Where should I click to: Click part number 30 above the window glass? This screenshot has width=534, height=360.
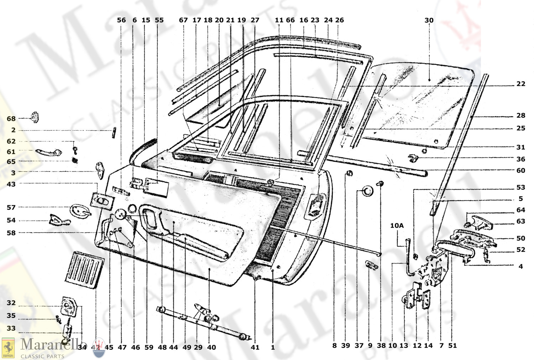coord(429,20)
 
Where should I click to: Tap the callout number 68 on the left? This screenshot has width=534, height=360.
coord(11,118)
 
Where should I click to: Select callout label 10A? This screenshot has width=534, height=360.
coord(397,226)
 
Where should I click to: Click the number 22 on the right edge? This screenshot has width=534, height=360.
coord(520,84)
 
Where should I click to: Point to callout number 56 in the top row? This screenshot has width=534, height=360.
coord(121,20)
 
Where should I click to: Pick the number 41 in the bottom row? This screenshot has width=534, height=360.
coord(255,347)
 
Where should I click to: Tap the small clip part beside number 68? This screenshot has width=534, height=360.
coord(35,117)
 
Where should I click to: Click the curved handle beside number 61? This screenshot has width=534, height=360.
coord(49,152)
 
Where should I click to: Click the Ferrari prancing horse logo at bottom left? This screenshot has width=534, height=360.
coord(8,348)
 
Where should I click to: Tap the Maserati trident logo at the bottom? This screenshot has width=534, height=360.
coord(99,348)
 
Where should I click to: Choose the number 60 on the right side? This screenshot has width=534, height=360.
coord(520,171)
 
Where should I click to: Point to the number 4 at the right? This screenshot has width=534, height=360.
coord(520,266)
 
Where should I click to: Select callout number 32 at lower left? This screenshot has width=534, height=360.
coord(11,303)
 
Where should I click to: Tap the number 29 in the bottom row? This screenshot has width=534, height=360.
coord(198,347)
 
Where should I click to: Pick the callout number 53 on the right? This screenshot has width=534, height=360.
coord(520,187)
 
